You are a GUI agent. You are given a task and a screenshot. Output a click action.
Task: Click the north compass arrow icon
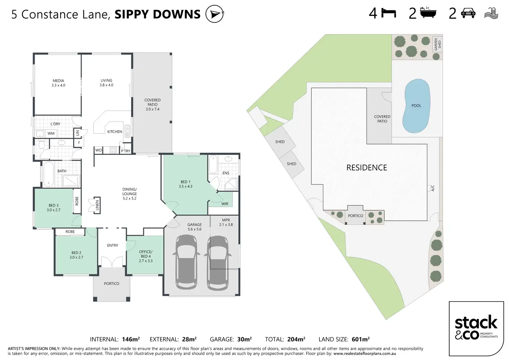tap(215, 14)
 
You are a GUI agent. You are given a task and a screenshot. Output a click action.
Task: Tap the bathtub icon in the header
tap(428, 12)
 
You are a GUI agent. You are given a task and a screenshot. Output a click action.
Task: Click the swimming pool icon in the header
tap(491, 13)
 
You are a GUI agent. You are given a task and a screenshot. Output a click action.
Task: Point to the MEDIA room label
tap(58, 83)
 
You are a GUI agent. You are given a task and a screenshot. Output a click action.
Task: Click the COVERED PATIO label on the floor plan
tap(152, 104)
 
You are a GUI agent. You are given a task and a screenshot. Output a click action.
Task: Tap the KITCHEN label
tap(114, 132)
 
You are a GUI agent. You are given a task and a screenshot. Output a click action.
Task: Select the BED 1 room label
tap(185, 184)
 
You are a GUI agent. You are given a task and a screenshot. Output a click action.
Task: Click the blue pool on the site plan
tap(416, 106)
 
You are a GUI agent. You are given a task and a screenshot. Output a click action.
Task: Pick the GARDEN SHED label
tap(437, 44)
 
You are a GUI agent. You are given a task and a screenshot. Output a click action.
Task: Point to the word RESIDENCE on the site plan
tap(367, 168)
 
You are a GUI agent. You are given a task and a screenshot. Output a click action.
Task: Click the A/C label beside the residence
tap(433, 188)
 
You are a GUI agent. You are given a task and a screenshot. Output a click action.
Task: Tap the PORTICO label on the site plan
tap(355, 216)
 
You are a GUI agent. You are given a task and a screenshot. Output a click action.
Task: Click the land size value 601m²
tap(361, 339)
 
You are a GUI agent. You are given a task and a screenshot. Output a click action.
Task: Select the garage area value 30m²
tap(244, 339)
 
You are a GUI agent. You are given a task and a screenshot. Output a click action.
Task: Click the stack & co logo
tap(476, 329)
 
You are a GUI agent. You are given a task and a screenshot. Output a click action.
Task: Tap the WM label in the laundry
tap(51, 133)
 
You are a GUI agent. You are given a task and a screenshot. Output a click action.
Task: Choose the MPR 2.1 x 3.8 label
tap(226, 222)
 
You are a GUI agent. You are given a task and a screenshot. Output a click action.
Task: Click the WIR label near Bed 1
tap(225, 204)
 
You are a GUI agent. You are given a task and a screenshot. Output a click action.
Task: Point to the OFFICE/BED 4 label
tap(146, 256)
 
